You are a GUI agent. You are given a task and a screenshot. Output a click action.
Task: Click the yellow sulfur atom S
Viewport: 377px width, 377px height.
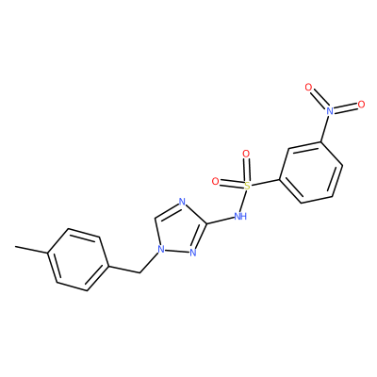[x=248, y=187]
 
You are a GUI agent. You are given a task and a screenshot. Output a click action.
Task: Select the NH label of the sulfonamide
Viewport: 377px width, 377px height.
[x=240, y=216]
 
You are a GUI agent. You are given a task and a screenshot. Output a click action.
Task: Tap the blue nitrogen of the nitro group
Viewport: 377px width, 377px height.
[x=329, y=110]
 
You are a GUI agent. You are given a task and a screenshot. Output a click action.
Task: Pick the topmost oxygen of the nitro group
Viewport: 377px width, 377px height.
[x=309, y=87]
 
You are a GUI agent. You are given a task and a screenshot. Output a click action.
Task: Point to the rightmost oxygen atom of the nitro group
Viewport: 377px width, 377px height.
[x=361, y=105]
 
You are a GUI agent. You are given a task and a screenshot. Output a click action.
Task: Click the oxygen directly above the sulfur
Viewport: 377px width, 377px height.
[x=246, y=154]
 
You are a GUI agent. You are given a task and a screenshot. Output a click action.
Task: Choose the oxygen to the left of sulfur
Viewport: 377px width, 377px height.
[x=215, y=181]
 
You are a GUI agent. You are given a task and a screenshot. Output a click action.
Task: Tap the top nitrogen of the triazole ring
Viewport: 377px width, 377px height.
[x=182, y=202]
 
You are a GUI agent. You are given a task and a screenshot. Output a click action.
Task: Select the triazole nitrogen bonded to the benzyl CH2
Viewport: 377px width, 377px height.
[x=161, y=250]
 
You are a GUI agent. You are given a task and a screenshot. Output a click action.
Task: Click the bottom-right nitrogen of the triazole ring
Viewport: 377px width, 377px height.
[x=193, y=253]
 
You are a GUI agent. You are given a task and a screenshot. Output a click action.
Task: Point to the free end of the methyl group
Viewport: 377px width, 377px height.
[x=15, y=247]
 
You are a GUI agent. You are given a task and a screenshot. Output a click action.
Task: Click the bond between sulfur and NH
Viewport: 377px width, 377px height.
[x=244, y=201]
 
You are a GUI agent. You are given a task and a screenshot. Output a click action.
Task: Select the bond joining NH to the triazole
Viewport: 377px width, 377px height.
[x=221, y=220]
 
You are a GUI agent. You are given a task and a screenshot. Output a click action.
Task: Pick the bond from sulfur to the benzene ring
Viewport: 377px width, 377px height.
[x=265, y=183]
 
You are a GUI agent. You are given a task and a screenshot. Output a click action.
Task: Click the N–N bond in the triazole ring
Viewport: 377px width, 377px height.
[x=177, y=251]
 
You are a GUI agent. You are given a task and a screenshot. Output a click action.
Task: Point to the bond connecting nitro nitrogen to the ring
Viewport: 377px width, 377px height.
[x=325, y=128]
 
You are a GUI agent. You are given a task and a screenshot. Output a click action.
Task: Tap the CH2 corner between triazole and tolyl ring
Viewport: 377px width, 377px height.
[x=139, y=272]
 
